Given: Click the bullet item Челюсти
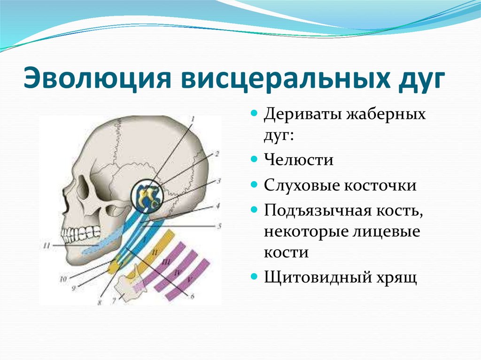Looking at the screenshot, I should click(298, 160).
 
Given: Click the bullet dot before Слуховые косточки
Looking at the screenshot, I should click(254, 184).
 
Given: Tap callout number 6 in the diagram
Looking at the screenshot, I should click(192, 296).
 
